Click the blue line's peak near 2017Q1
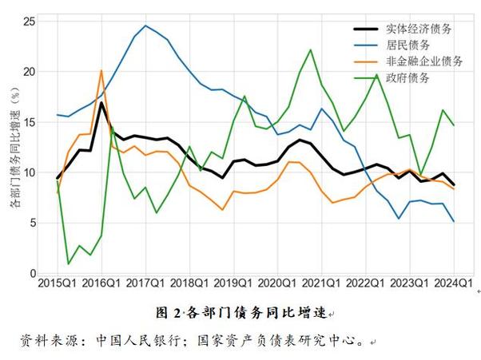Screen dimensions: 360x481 tap(145, 26)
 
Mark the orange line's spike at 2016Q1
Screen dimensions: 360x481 tap(101, 70)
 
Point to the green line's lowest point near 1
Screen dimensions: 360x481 tap(69, 263)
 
